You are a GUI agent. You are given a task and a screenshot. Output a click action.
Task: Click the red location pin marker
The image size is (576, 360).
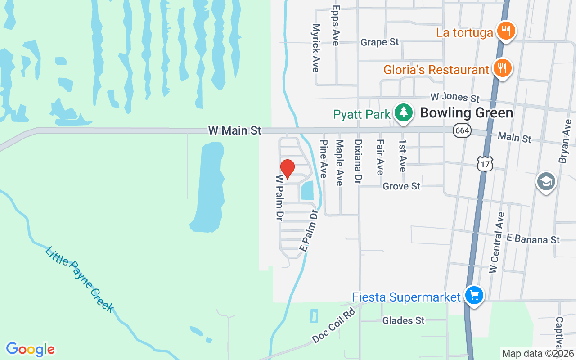coord(287,169)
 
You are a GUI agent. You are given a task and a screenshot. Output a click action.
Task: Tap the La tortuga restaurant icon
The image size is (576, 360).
coord(506,31)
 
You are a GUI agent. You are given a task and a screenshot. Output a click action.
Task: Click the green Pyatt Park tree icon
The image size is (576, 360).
coord(404,112)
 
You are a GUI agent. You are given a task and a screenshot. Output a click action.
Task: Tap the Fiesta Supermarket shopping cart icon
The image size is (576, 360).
coord(474,296)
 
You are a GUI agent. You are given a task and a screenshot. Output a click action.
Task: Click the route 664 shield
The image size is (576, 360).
coord(462,130)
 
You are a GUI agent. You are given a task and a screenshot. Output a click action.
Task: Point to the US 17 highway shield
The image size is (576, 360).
coord(485,164)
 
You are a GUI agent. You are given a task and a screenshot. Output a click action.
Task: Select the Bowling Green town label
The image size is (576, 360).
coord(466,112)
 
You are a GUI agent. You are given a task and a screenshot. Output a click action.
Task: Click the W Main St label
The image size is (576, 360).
coord(234,130)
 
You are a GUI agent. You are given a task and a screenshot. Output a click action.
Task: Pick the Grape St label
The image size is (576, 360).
coord(380,42)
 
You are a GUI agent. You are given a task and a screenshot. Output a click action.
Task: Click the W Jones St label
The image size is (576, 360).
coord(455,97)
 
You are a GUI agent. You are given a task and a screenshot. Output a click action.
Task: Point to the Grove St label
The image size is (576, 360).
coord(401,186)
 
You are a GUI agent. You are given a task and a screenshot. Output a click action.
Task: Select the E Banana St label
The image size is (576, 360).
coord(533,239)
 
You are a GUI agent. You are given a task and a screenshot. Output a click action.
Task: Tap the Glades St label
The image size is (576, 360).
coord(403,320)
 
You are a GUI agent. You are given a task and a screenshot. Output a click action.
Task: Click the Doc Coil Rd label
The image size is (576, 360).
coord(334,326)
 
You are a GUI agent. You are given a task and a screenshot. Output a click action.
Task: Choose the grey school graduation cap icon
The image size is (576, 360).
coord(546,181)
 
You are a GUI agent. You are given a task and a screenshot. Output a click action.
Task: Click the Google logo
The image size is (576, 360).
coord(30,349)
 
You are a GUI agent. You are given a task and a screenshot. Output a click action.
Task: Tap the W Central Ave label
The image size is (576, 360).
coord(498,242)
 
